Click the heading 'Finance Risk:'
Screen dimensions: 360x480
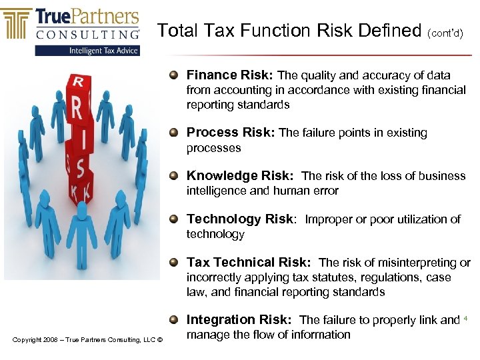[230, 75]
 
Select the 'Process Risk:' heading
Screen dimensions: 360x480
[231, 133]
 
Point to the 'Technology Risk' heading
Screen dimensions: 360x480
[240, 219]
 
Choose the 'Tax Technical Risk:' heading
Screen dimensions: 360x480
[249, 263]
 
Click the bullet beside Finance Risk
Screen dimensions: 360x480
[174, 75]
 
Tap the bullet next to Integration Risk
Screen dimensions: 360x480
[174, 320]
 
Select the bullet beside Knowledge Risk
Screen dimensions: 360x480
[174, 176]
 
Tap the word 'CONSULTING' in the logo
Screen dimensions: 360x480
[88, 33]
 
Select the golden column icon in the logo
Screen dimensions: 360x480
[17, 24]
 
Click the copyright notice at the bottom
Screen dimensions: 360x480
[87, 341]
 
